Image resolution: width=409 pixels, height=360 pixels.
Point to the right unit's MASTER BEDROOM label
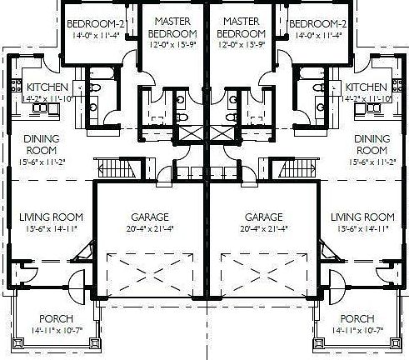(x=241, y=27)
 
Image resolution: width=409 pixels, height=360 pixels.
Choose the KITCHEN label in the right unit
(x=366, y=87)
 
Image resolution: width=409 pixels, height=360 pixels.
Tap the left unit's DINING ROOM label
(x=39, y=145)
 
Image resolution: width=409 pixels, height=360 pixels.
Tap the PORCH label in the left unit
(x=56, y=319)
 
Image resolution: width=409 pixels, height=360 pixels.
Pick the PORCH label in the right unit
(x=357, y=319)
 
